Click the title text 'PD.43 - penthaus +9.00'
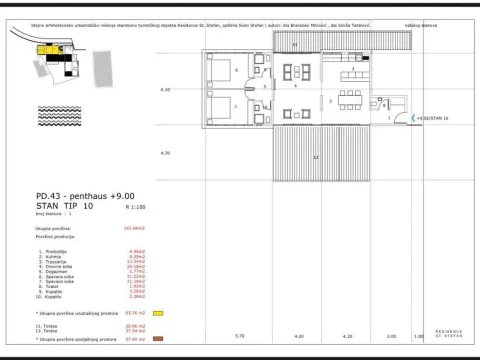tap(66, 198)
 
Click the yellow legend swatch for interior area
tap(156, 314)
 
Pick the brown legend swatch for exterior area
tap(156, 338)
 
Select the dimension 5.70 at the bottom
tap(238, 336)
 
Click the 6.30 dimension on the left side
tap(166, 90)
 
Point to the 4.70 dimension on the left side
tap(166, 153)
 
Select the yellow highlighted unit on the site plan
tap(44, 48)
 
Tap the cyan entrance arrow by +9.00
tap(402, 118)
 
